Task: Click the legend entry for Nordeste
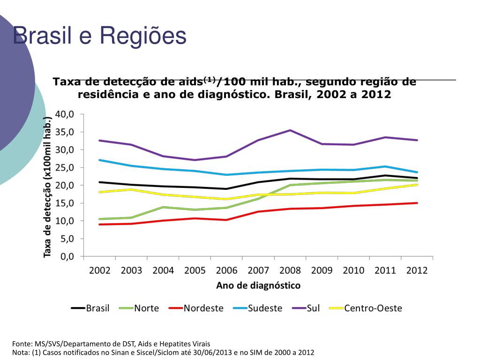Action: pos(203,308)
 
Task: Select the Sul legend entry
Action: pos(313,308)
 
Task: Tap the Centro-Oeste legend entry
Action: pos(373,308)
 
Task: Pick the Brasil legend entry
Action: pos(97,308)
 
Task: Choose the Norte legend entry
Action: pos(146,308)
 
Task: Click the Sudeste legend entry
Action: pos(265,308)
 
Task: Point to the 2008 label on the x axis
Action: pos(290,270)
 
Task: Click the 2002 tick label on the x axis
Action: pos(99,270)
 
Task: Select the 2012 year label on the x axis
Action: pos(417,270)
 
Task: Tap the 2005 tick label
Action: pos(195,270)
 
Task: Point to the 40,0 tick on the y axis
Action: pos(65,114)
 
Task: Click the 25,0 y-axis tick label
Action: pos(65,168)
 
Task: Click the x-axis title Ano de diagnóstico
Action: pos(258,285)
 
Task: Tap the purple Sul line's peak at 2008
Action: pos(290,130)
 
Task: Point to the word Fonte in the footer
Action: pos(22,344)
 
